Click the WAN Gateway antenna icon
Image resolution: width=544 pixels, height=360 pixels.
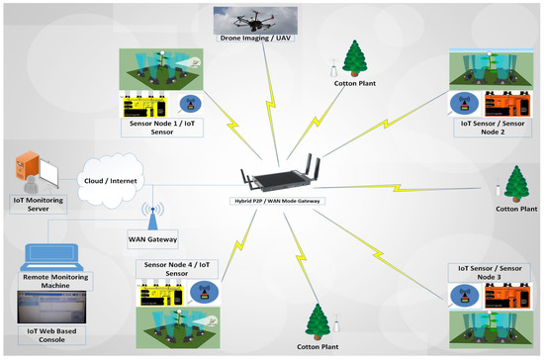pyautogui.click(x=152, y=216)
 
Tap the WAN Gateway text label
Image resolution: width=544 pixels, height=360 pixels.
pyautogui.click(x=152, y=237)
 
